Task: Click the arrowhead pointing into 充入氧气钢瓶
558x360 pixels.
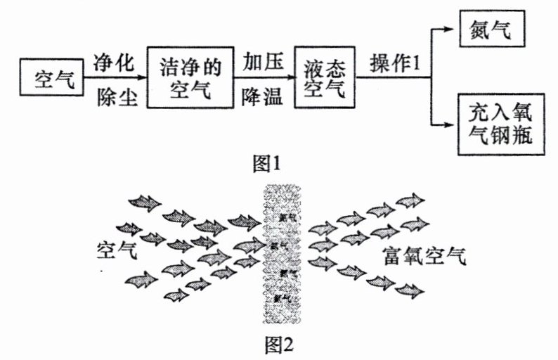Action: coord(448,125)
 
